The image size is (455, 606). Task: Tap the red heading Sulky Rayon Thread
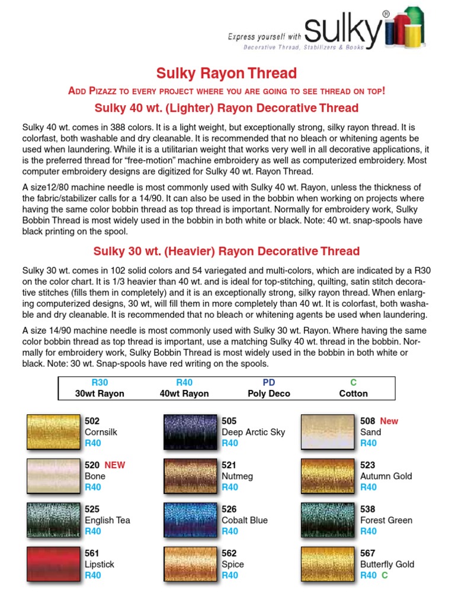pos(226,73)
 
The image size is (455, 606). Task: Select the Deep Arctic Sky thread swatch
pos(190,432)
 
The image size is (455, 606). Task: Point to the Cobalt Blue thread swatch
pos(190,520)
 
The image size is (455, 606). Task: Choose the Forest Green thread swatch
pos(328,520)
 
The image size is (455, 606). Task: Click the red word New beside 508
pos(389,421)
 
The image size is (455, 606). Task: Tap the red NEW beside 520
pos(114,465)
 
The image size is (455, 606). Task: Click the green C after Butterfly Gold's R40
pos(384,575)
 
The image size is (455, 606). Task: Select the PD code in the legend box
pos(268,383)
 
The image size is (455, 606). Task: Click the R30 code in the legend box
pos(100,383)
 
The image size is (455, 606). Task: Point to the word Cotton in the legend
pos(353,394)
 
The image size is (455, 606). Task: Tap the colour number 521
pos(229,465)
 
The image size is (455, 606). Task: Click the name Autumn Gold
pos(386,476)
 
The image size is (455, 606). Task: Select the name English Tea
pos(107,520)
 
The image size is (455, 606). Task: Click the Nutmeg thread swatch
pos(190,476)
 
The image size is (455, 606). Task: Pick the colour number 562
pos(229,553)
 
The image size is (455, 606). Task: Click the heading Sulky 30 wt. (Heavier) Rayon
pos(226,251)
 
